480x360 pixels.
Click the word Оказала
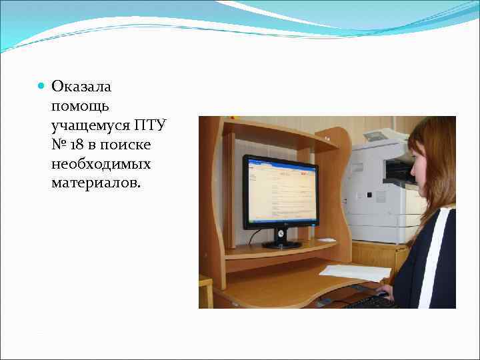point(81,87)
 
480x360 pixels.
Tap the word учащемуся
point(90,125)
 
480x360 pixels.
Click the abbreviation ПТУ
point(152,125)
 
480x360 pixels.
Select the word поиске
point(128,145)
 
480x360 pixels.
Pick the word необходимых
point(101,164)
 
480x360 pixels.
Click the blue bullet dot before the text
point(41,87)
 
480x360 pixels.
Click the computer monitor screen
point(280,191)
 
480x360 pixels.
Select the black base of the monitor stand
point(281,245)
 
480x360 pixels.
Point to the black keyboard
point(370,302)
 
